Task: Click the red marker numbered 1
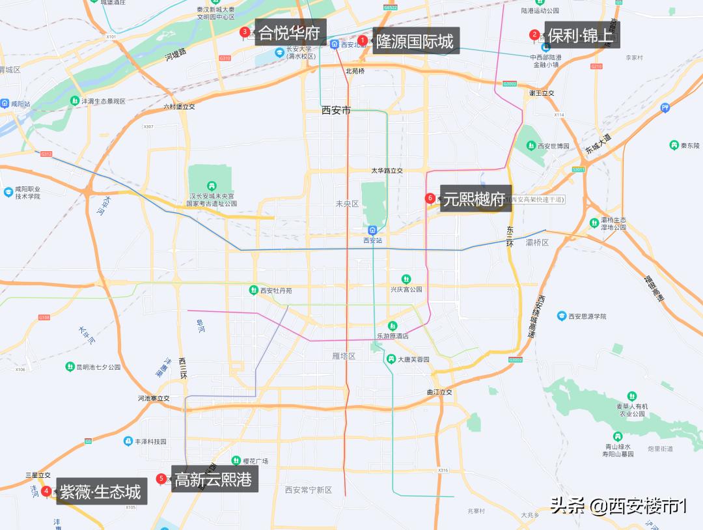tap(363, 40)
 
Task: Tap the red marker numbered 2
tap(534, 35)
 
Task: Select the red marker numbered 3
tap(245, 31)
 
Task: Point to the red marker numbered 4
tap(46, 490)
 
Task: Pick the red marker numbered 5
tap(161, 479)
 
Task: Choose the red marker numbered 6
tap(430, 198)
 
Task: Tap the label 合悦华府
tap(288, 33)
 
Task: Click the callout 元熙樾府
tap(474, 199)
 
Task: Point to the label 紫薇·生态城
tap(100, 492)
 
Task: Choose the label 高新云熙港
tap(213, 479)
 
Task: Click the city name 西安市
tap(336, 110)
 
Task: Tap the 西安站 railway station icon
tap(372, 230)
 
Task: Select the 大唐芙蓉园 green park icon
tap(391, 359)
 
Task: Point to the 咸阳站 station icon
tap(5, 104)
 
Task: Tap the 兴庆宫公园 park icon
tap(406, 279)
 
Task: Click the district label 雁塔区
tap(343, 356)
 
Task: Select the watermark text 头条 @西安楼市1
tap(618, 505)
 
